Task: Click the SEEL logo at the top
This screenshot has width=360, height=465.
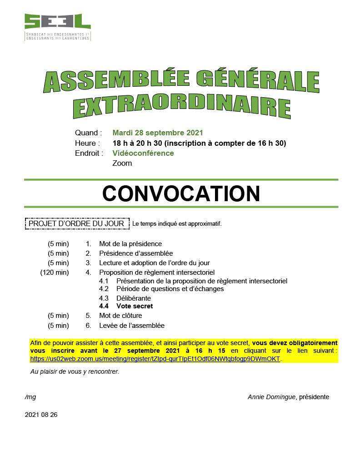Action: tap(57, 27)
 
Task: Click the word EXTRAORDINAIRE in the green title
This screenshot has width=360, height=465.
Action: tap(181, 105)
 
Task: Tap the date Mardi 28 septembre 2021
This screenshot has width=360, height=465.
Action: tap(157, 133)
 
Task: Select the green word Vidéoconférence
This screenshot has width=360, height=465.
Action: tap(143, 153)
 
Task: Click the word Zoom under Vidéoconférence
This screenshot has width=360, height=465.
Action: tap(122, 163)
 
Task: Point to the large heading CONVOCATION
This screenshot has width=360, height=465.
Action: tap(181, 193)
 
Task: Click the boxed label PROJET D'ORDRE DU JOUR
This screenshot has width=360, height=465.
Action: tap(76, 223)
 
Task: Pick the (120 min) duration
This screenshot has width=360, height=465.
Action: tap(55, 272)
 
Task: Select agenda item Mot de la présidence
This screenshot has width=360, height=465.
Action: tap(130, 244)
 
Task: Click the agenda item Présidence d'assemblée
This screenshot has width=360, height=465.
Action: tap(136, 253)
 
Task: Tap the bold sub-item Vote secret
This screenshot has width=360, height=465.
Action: tap(135, 306)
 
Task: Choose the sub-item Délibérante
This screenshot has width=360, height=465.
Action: tap(134, 298)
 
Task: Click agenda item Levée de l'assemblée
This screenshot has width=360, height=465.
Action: tap(132, 325)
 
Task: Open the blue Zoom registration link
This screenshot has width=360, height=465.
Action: tap(155, 359)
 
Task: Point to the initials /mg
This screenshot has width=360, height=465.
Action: tap(30, 397)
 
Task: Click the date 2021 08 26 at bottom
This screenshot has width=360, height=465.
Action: tap(41, 415)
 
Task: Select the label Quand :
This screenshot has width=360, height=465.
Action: tap(88, 133)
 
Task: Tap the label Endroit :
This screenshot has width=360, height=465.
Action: tap(89, 153)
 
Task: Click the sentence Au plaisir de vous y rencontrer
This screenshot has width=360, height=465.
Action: tap(75, 371)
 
